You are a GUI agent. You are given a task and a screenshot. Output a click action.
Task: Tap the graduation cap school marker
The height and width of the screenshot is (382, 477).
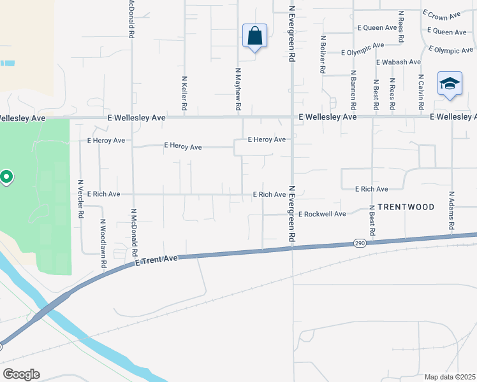(450, 84)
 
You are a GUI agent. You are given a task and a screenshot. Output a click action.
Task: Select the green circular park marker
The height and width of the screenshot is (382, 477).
(6, 176)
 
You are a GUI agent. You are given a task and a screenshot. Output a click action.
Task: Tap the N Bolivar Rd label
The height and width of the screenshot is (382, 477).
(323, 55)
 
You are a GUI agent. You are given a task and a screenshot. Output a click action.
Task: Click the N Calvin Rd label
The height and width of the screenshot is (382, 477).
(421, 90)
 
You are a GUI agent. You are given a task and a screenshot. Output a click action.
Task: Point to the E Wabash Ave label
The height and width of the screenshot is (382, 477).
(399, 62)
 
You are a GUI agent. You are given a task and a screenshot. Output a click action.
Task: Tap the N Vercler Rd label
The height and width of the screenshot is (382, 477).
(81, 199)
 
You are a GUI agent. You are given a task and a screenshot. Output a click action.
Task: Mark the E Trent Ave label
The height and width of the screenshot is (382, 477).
(156, 260)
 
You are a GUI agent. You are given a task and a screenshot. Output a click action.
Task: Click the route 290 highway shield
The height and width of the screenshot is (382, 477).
(360, 243)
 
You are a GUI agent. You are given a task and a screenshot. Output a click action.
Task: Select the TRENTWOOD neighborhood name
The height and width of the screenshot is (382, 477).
(406, 207)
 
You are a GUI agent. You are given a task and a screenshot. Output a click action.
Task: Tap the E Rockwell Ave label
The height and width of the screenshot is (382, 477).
(321, 214)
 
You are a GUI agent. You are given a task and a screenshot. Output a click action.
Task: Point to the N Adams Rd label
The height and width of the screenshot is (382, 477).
(451, 211)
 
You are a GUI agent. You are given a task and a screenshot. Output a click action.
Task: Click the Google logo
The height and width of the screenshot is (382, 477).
(21, 374)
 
